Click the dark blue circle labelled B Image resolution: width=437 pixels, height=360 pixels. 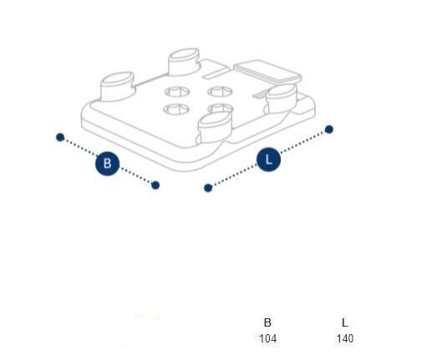(107, 164)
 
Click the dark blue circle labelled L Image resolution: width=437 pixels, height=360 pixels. (268, 160)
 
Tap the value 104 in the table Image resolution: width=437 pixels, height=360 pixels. (268, 338)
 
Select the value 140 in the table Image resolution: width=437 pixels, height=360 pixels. (345, 338)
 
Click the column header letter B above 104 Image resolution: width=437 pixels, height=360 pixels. (267, 322)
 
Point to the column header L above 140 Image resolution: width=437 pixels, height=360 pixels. (345, 322)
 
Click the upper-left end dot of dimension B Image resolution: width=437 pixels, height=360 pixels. (60, 137)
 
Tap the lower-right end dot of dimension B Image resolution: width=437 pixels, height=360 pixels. (155, 185)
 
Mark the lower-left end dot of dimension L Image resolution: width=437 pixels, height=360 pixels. (208, 188)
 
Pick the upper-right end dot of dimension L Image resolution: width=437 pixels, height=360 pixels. (329, 129)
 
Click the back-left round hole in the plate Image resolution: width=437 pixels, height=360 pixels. (177, 92)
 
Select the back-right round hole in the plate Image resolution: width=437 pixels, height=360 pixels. (220, 91)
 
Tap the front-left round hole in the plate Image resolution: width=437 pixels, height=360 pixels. (176, 109)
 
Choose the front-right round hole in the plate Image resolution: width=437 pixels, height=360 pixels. (221, 108)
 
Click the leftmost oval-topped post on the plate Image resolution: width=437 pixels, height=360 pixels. (117, 86)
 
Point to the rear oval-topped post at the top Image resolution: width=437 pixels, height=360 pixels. (184, 62)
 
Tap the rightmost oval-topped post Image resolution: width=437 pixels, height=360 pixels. (281, 99)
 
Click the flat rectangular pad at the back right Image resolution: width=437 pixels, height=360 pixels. (267, 71)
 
